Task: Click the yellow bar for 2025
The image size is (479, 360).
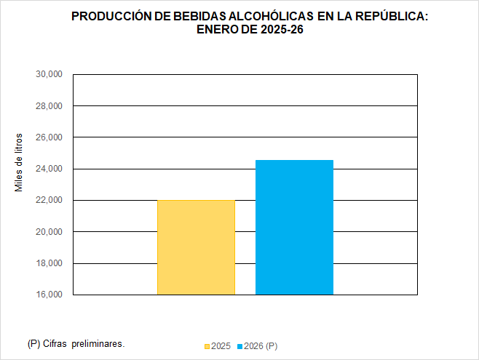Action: [x=196, y=247]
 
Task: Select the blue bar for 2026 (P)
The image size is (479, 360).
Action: [x=294, y=227]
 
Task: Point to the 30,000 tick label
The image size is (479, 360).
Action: [x=49, y=74]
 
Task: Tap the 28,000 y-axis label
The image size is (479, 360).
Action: [x=49, y=106]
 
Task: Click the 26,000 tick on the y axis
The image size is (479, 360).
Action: [x=49, y=137]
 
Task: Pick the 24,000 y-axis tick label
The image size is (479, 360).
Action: [x=49, y=169]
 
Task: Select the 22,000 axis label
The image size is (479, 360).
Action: [x=49, y=201]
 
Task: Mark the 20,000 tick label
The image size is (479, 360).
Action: [x=49, y=232]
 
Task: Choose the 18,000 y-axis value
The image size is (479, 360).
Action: [x=49, y=263]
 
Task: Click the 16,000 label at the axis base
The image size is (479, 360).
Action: [x=49, y=295]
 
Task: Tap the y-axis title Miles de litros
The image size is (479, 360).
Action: [x=20, y=163]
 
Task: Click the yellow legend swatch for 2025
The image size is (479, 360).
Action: [x=207, y=346]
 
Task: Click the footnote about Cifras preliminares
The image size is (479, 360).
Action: [x=76, y=343]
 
